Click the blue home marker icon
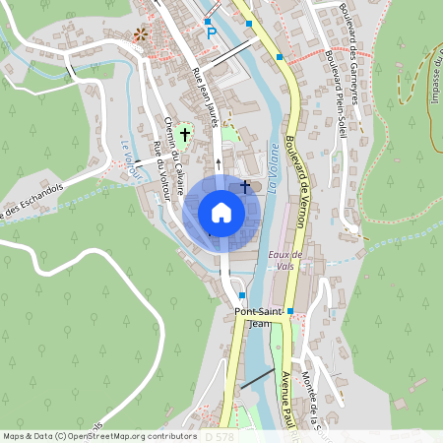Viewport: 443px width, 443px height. [x=221, y=213]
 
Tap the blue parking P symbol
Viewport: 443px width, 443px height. [x=211, y=33]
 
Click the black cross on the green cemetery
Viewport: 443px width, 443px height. [x=184, y=132]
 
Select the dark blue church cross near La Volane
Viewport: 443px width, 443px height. [x=245, y=185]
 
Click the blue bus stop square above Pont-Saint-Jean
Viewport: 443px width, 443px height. [x=242, y=294]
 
